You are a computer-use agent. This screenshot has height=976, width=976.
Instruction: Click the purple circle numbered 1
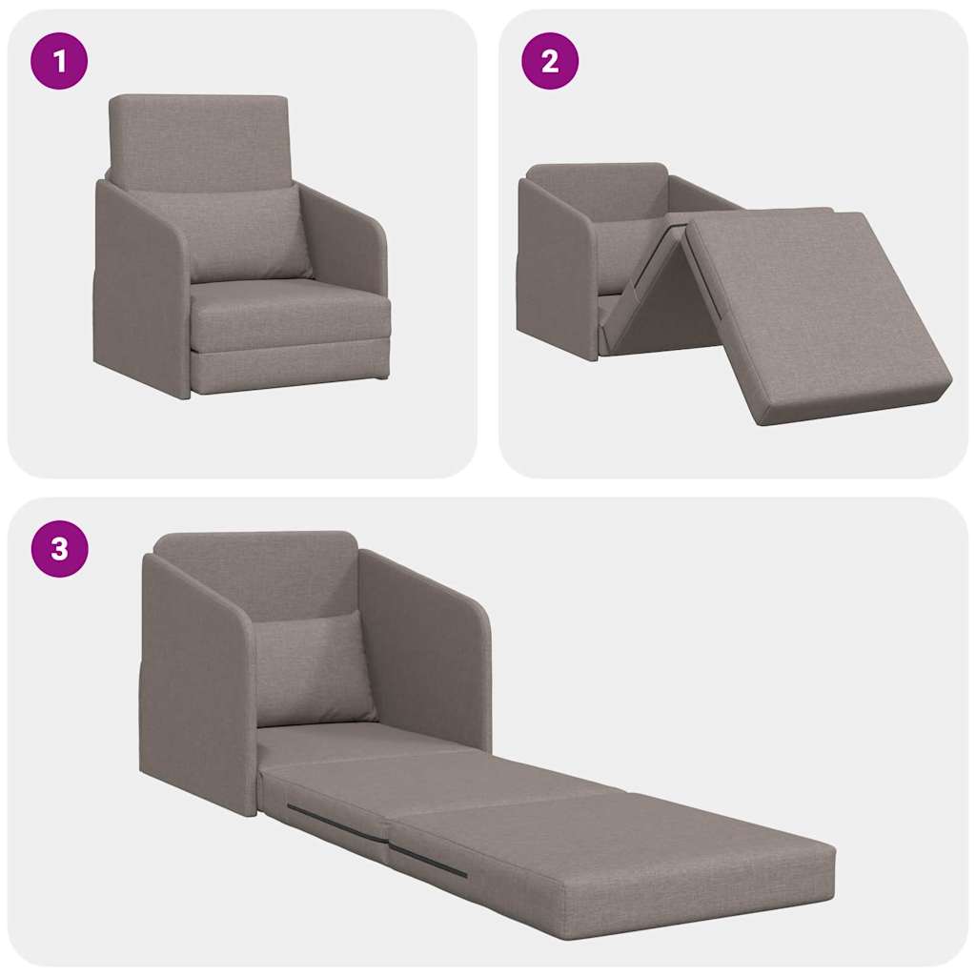59,61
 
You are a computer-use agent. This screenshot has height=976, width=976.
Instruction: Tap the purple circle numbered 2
549,61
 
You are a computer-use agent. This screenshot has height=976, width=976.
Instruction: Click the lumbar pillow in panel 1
246,234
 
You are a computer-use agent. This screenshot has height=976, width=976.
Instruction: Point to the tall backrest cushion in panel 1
198,138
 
